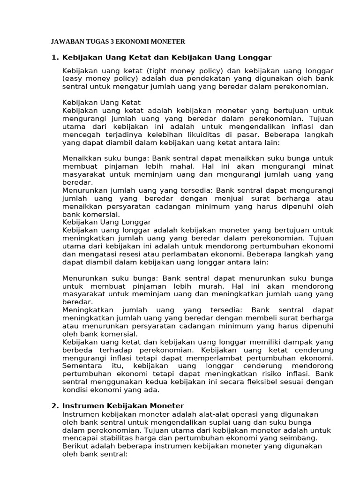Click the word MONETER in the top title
[x=168, y=42]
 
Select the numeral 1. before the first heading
[x=54, y=57]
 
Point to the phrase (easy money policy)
[x=100, y=79]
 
